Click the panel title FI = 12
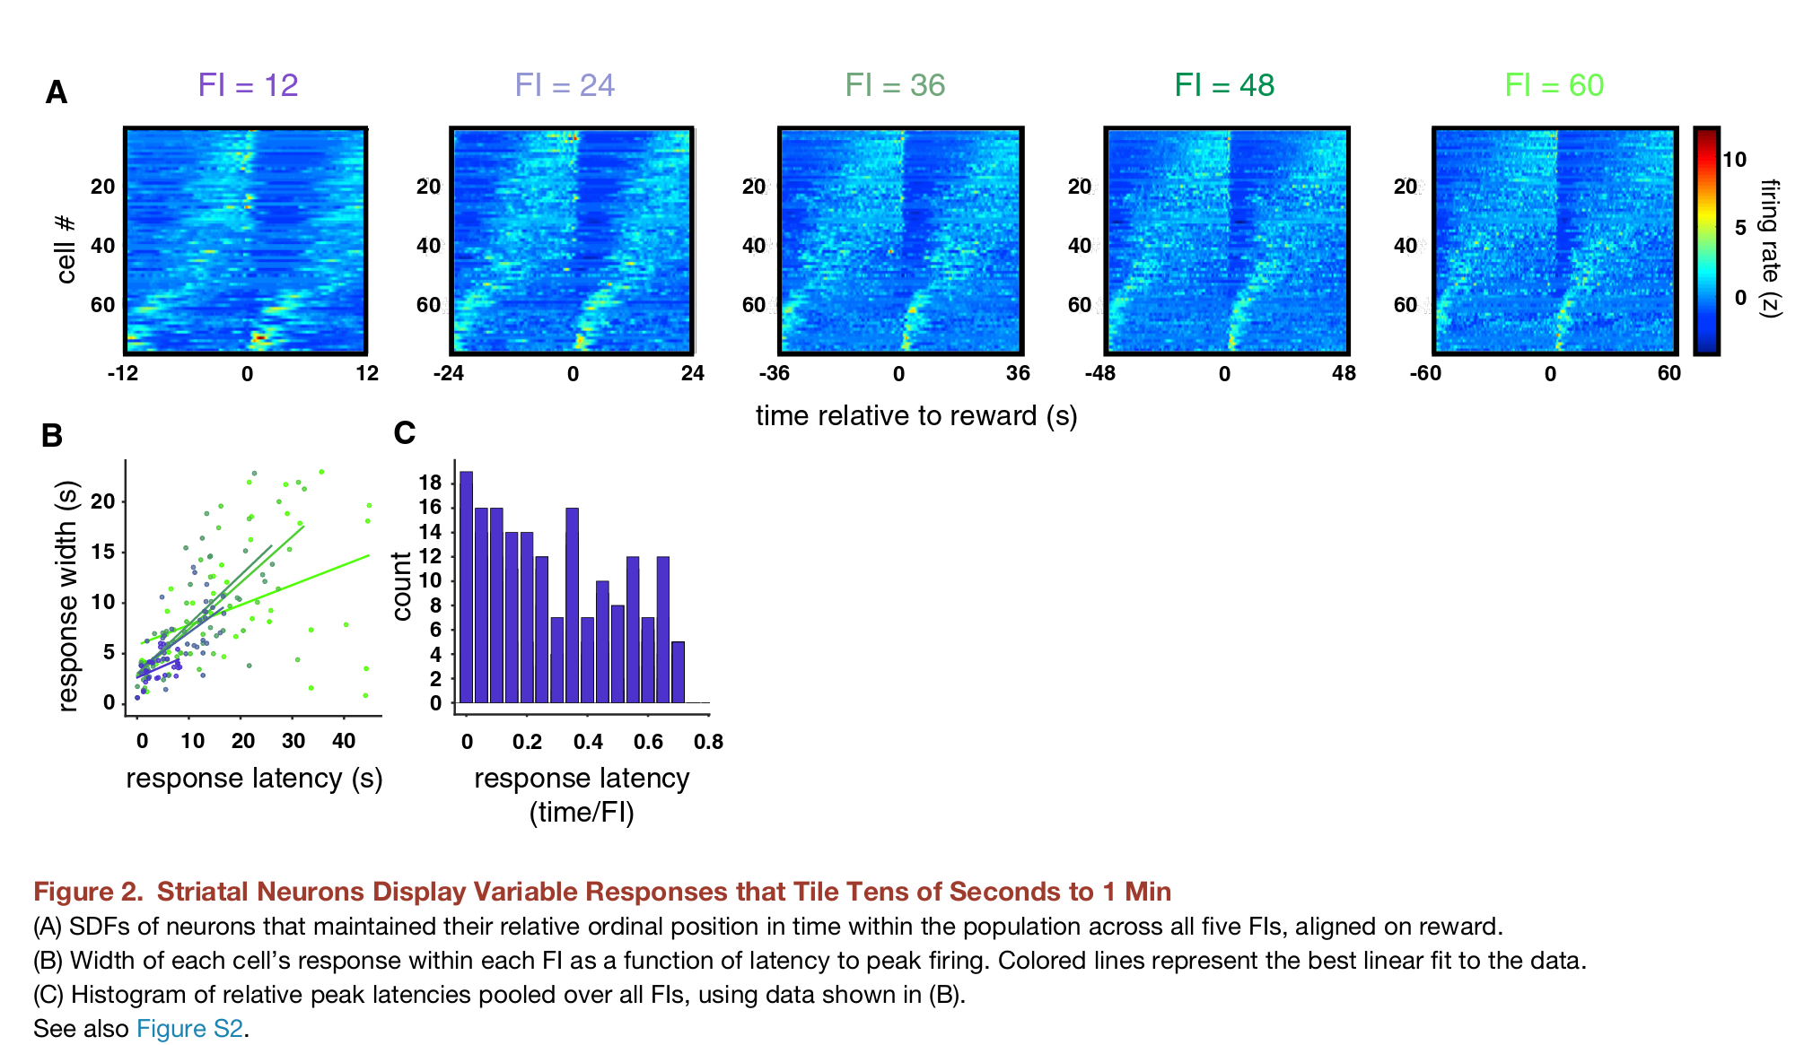248,85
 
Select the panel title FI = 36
895,85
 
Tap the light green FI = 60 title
1554,85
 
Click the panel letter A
56,92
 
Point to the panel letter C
404,433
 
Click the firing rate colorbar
1705,241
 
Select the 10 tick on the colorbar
1734,160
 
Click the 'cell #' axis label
66,248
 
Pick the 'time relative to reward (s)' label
915,415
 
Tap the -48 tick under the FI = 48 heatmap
1100,374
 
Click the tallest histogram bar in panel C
466,587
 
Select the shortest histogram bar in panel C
678,672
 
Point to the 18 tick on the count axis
431,483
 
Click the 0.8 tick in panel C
708,742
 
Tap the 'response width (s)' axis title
67,596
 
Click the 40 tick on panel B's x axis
344,741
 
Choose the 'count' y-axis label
401,586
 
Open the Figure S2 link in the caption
189,1028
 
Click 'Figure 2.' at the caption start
88,892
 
